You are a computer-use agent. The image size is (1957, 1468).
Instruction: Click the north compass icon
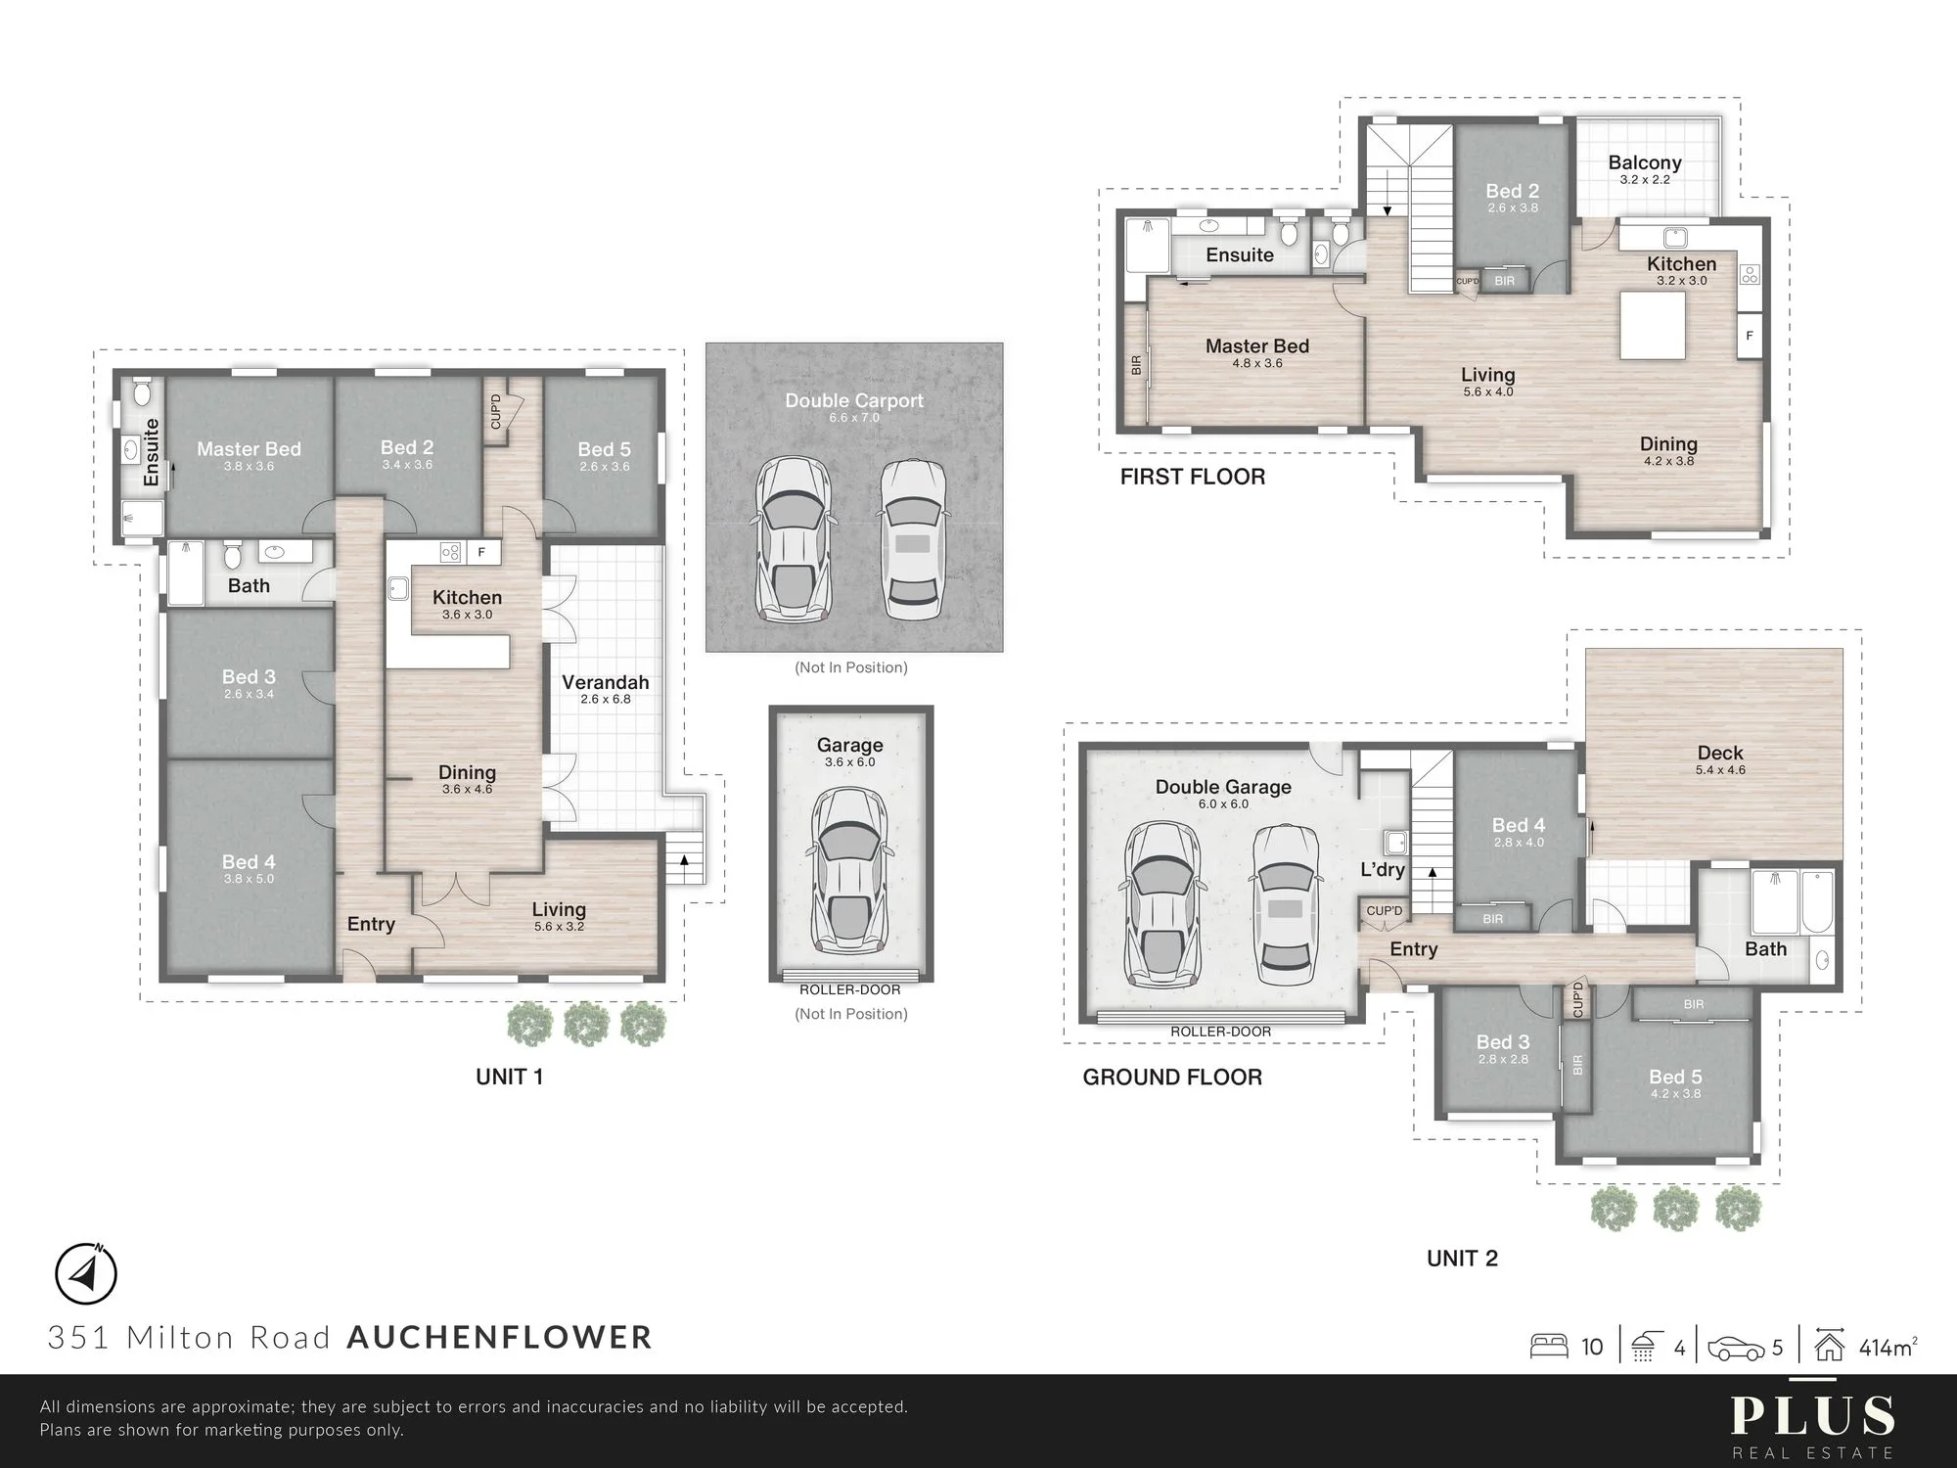pyautogui.click(x=85, y=1274)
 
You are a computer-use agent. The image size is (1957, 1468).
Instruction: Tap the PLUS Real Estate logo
pyautogui.click(x=1812, y=1425)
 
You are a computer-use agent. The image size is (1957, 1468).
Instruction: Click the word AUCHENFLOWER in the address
pyautogui.click(x=499, y=1337)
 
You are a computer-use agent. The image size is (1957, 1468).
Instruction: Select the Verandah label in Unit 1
pyautogui.click(x=605, y=682)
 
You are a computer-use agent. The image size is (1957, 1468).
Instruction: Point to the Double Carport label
pyautogui.click(x=854, y=400)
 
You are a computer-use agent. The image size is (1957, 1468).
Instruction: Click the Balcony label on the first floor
pyautogui.click(x=1645, y=162)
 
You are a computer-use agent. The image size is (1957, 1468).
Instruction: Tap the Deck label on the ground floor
pyautogui.click(x=1720, y=753)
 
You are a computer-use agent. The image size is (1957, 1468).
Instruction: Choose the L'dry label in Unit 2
pyautogui.click(x=1383, y=869)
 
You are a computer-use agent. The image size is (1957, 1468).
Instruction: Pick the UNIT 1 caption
pyautogui.click(x=509, y=1077)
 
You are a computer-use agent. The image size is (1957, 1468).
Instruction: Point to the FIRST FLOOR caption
pyautogui.click(x=1193, y=477)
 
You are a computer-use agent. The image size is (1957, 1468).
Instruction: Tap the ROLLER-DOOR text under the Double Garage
pyautogui.click(x=1221, y=1032)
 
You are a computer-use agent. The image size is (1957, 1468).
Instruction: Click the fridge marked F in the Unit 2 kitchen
pyautogui.click(x=1750, y=336)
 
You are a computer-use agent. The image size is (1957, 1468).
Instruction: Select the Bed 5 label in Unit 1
pyautogui.click(x=604, y=449)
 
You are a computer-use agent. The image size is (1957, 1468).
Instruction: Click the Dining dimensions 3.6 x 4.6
pyautogui.click(x=467, y=789)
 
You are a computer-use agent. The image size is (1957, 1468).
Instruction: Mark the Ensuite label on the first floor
pyautogui.click(x=1240, y=254)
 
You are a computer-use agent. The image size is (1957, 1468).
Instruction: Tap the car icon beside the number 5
pyautogui.click(x=1737, y=1349)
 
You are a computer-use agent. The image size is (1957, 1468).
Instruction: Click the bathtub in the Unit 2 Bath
pyautogui.click(x=1818, y=901)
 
